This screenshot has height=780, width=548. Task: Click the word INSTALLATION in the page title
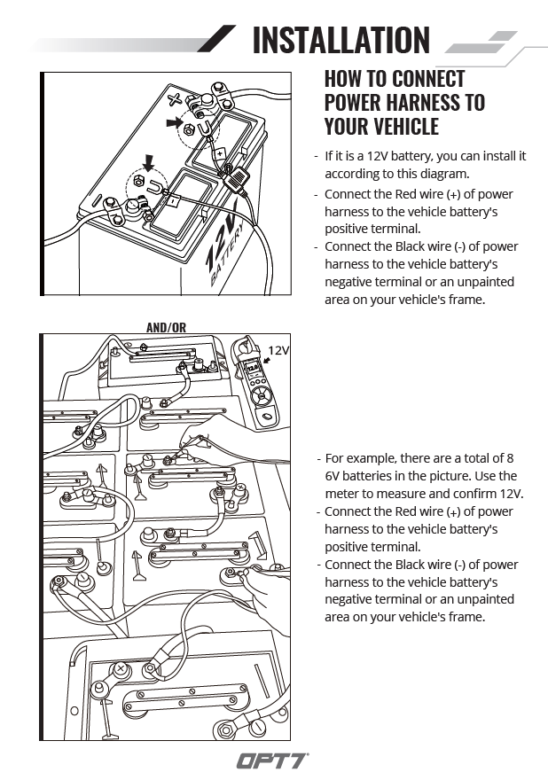point(341,40)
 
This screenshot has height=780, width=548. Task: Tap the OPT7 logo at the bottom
point(273,760)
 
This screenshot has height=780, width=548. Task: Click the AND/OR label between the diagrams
point(166,327)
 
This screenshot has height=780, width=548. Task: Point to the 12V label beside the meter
point(278,350)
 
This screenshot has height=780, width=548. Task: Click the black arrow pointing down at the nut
point(148,163)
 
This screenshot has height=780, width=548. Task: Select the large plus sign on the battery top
point(176,99)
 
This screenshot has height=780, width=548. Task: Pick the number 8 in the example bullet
point(509,458)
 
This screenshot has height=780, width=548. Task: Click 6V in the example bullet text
point(333,476)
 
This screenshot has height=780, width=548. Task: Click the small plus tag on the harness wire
point(218,153)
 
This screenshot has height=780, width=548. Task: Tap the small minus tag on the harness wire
point(174,201)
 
